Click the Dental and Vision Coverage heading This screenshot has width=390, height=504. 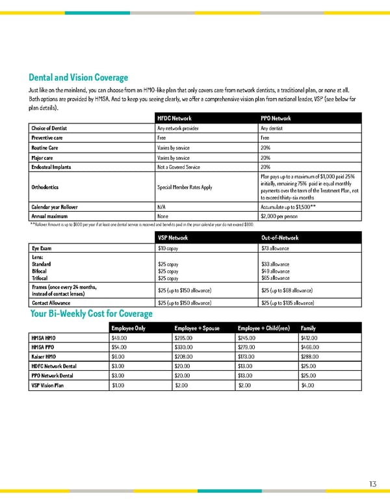click(x=78, y=77)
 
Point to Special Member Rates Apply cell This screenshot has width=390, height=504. click(x=185, y=187)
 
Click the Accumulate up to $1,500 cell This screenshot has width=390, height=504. click(x=288, y=207)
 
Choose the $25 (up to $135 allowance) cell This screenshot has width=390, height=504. click(x=287, y=303)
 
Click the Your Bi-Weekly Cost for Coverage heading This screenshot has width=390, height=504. click(x=92, y=314)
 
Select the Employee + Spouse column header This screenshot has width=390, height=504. click(x=197, y=328)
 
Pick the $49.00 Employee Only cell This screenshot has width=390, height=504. click(x=120, y=338)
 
